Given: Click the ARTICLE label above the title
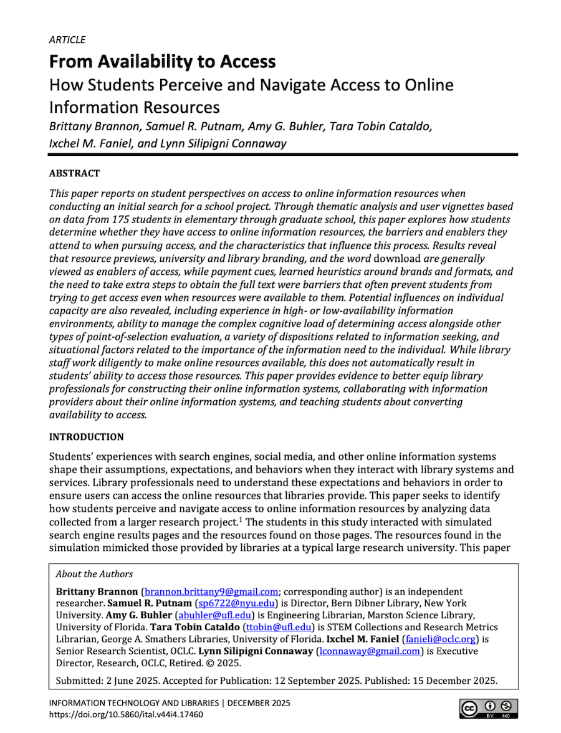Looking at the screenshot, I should pyautogui.click(x=67, y=40).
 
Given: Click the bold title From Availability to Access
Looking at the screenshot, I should pyautogui.click(x=162, y=62).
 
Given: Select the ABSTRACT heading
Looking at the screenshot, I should pyautogui.click(x=74, y=173).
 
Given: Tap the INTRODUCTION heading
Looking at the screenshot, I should pyautogui.click(x=86, y=437).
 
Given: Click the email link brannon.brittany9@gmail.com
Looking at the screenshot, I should pyautogui.click(x=211, y=592).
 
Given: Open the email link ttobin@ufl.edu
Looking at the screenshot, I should pyautogui.click(x=274, y=627).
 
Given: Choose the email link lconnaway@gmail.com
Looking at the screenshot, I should pyautogui.click(x=369, y=651).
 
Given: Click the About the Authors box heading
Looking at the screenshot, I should pyautogui.click(x=94, y=574).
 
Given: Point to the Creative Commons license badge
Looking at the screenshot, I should pyautogui.click(x=489, y=709).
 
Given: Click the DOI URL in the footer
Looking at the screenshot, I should pyautogui.click(x=126, y=714).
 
